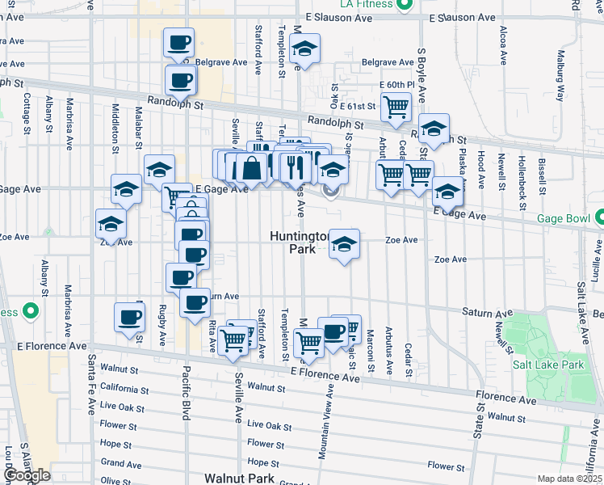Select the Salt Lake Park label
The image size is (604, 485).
point(547,364)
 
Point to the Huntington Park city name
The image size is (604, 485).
point(300,243)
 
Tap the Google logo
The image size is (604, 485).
point(26,475)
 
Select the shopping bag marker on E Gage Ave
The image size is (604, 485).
point(251,167)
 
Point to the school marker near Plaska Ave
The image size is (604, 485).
point(446,192)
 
